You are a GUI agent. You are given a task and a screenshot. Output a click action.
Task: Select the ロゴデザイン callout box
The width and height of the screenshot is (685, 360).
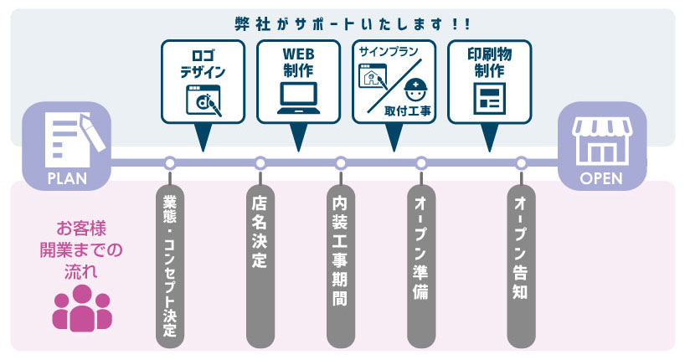pyautogui.click(x=203, y=81)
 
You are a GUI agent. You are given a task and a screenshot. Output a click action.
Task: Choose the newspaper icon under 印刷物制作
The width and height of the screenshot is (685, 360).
pyautogui.click(x=488, y=99)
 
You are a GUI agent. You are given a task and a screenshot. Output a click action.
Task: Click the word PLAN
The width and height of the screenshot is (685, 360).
pyautogui.click(x=67, y=177)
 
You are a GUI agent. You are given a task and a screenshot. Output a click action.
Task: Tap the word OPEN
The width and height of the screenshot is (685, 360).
pyautogui.click(x=602, y=177)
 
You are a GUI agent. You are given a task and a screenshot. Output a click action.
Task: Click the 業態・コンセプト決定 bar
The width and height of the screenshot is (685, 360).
pyautogui.click(x=170, y=260)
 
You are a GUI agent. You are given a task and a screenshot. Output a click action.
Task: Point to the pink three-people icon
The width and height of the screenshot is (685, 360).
pyautogui.click(x=81, y=308)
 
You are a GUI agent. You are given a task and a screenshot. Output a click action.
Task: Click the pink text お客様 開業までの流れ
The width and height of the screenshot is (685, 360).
pyautogui.click(x=81, y=249)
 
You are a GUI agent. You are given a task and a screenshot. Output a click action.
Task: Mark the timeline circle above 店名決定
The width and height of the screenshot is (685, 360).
pyautogui.click(x=260, y=162)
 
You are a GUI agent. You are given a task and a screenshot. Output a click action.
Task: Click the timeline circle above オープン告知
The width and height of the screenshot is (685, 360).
pyautogui.click(x=521, y=162)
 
